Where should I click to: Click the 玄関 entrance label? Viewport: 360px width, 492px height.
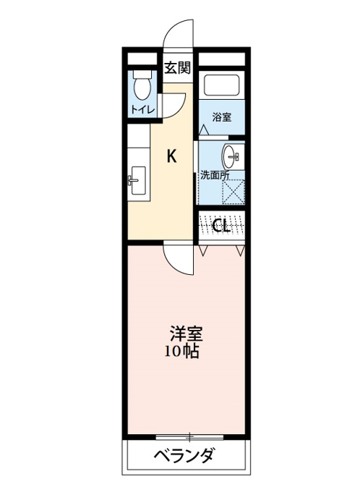click(x=178, y=68)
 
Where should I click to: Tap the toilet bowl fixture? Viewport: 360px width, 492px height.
click(x=142, y=88)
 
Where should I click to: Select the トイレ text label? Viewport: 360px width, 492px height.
click(x=142, y=110)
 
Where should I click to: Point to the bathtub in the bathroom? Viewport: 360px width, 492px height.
click(x=222, y=85)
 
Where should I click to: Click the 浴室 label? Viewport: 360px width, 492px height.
click(x=222, y=117)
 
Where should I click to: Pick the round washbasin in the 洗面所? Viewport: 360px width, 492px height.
click(x=232, y=156)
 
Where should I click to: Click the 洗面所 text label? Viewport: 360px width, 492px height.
click(x=215, y=175)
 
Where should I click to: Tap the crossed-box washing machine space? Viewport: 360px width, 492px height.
click(x=233, y=192)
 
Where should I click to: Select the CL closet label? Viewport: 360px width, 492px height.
click(x=222, y=225)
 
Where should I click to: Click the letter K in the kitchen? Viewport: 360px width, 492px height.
click(x=171, y=156)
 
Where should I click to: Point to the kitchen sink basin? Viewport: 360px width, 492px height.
click(x=137, y=180)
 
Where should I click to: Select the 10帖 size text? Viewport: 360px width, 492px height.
click(x=182, y=352)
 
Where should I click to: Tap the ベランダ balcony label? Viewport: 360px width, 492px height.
click(x=185, y=455)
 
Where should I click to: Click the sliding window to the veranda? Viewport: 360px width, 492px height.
click(x=189, y=436)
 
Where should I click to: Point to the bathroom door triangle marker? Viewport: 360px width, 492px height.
click(x=204, y=130)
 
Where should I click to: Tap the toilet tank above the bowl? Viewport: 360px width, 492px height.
click(x=142, y=74)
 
